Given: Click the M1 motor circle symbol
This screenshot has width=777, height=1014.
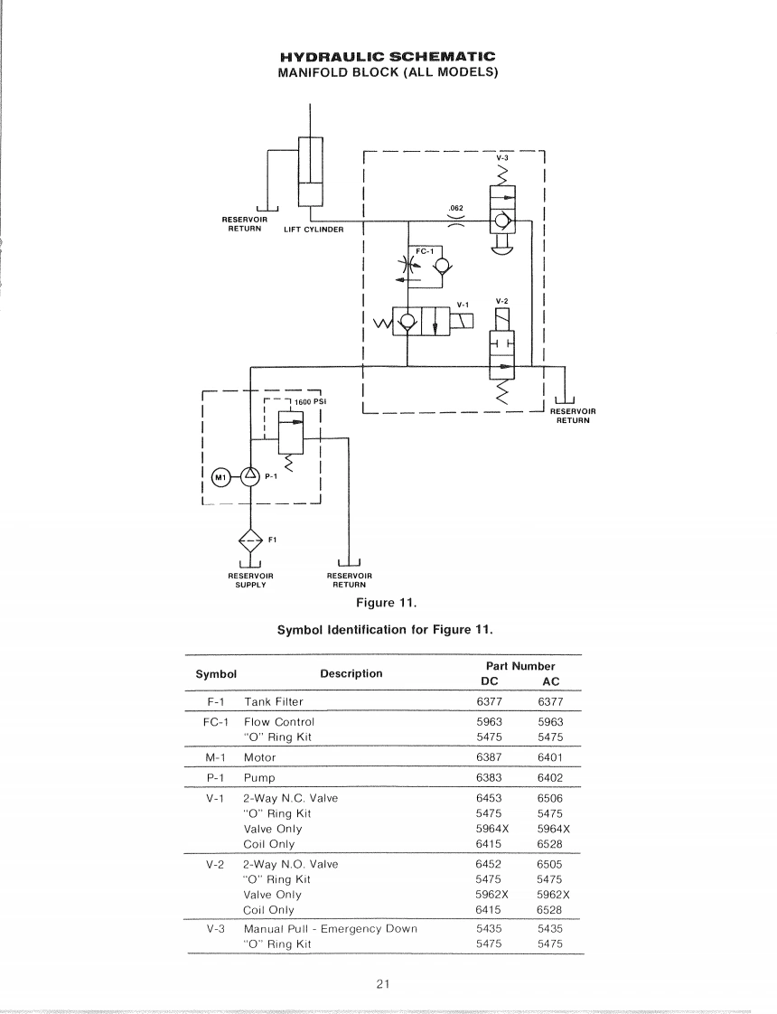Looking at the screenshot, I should pyautogui.click(x=220, y=476).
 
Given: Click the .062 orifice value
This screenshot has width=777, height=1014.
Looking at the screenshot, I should pyautogui.click(x=455, y=209).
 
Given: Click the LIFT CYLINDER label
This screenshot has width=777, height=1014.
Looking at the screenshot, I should pyautogui.click(x=314, y=229).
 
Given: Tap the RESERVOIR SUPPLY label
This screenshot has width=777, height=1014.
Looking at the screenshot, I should pyautogui.click(x=250, y=579).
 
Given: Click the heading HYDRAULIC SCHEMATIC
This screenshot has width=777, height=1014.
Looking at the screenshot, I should pyautogui.click(x=388, y=58).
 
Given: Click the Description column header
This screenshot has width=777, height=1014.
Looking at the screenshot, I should pyautogui.click(x=351, y=673).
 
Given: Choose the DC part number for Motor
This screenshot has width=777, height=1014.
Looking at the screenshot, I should pyautogui.click(x=489, y=757).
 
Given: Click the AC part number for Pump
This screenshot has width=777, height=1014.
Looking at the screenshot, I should pyautogui.click(x=550, y=777).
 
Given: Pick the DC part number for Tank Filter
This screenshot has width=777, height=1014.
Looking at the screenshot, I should pyautogui.click(x=489, y=701).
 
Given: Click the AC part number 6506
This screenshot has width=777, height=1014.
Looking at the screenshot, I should pyautogui.click(x=550, y=798).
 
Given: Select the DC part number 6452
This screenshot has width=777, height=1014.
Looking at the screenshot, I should pyautogui.click(x=489, y=864).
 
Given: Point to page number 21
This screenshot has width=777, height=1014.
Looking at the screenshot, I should pyautogui.click(x=383, y=984).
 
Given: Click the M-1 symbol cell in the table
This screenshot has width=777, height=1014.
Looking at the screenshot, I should pyautogui.click(x=217, y=757).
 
